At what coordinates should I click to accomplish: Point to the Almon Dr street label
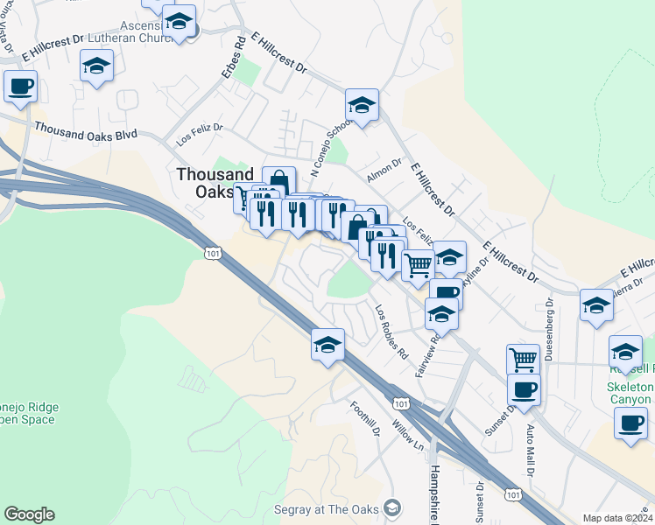click(x=384, y=171)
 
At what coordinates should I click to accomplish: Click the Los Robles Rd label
click(x=391, y=332)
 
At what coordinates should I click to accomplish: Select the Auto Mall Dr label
click(x=530, y=447)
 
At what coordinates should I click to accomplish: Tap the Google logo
click(x=29, y=514)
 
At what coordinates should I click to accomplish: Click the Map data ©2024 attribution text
click(x=616, y=518)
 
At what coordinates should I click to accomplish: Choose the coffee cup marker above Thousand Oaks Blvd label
click(x=21, y=87)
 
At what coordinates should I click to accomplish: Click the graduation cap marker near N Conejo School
click(x=361, y=106)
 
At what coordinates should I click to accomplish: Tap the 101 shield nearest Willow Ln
click(x=400, y=403)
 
